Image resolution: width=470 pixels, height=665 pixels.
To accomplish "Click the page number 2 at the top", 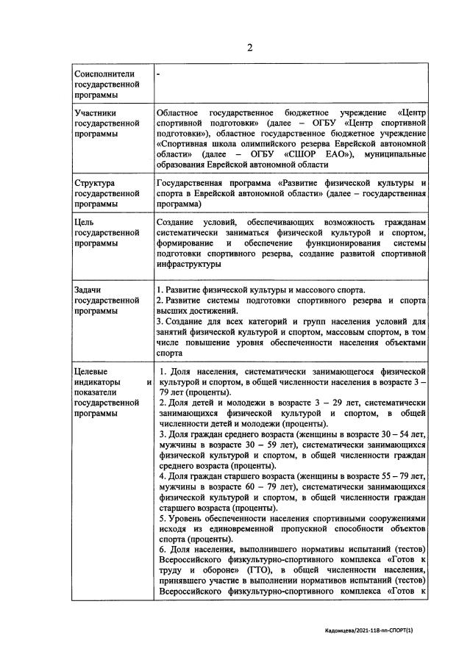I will tap(249, 48).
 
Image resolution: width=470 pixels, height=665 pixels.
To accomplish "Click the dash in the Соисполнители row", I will tap(159, 74).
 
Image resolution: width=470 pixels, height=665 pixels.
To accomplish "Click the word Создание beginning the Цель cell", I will tap(177, 221).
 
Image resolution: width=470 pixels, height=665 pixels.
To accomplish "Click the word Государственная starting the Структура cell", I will tap(194, 181).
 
